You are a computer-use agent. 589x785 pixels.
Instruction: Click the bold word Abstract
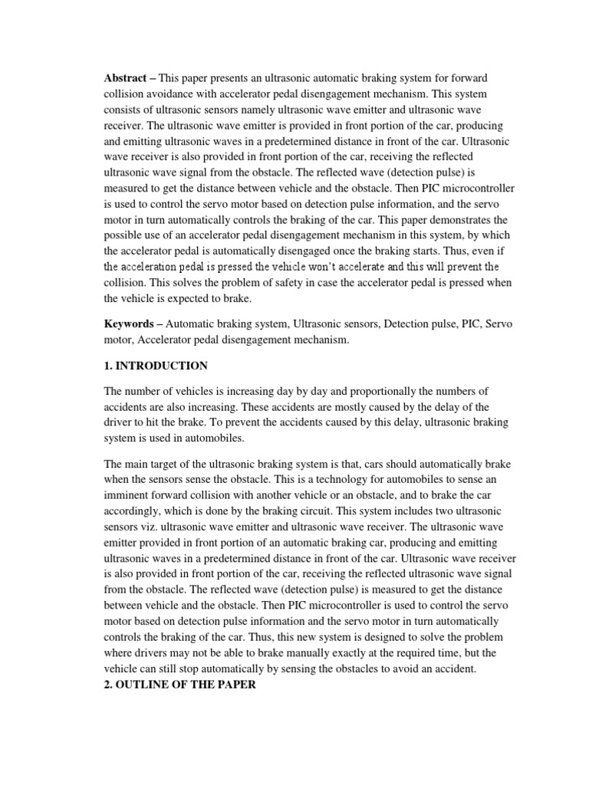click(x=126, y=79)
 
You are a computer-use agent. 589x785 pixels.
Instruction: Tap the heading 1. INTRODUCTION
click(x=156, y=365)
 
